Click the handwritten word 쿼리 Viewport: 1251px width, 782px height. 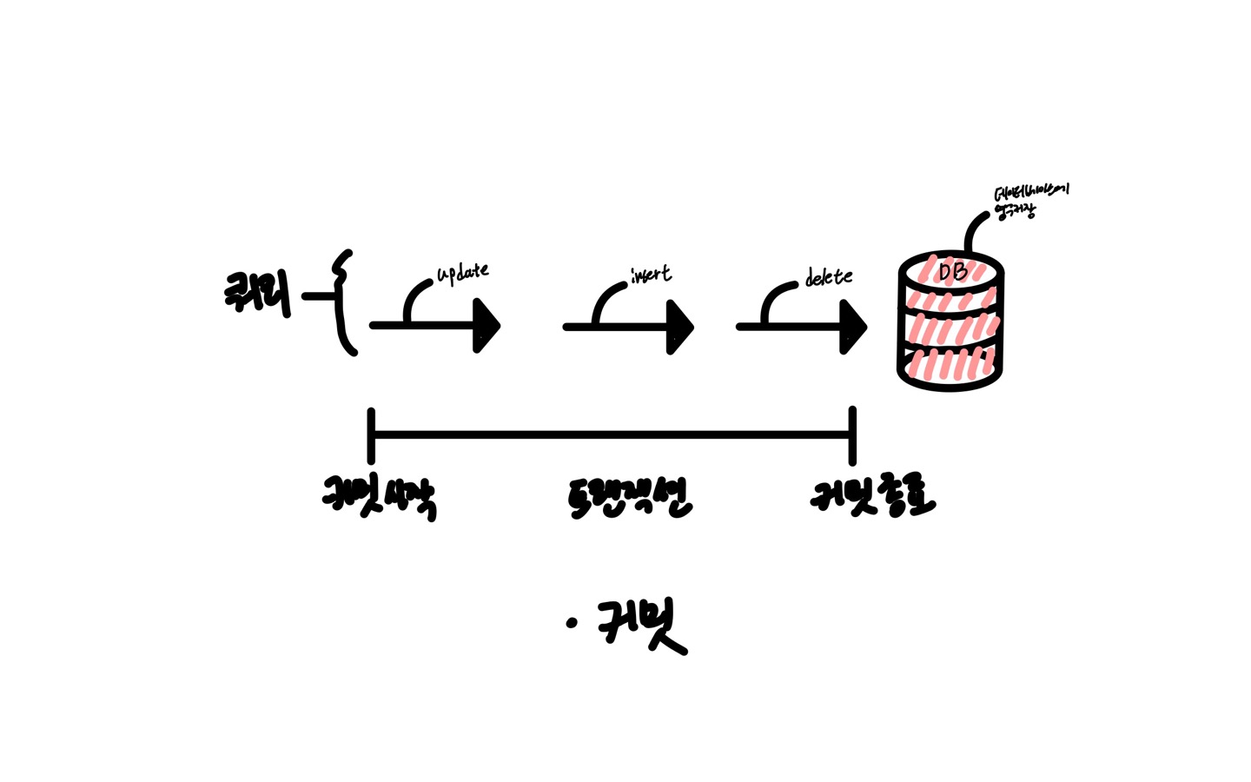[x=257, y=292]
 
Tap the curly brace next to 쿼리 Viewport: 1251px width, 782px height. [x=345, y=302]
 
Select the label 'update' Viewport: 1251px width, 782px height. [x=462, y=273]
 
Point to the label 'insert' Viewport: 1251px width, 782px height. [x=652, y=274]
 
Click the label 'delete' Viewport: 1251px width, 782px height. [x=829, y=277]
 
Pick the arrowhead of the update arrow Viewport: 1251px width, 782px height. [x=487, y=326]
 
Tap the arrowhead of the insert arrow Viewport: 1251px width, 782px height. [x=680, y=327]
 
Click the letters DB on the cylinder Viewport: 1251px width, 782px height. [x=952, y=272]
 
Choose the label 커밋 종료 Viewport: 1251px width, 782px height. [x=871, y=495]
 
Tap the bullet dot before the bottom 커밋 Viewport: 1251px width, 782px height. [x=571, y=622]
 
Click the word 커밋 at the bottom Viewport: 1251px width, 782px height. [x=641, y=625]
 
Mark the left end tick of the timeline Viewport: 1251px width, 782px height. [x=371, y=435]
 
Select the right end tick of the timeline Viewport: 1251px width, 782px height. [x=852, y=435]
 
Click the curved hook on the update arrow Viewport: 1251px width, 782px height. [x=415, y=296]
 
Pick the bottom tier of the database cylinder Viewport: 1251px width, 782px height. [x=950, y=365]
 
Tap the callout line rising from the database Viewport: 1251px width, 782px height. [x=973, y=229]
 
